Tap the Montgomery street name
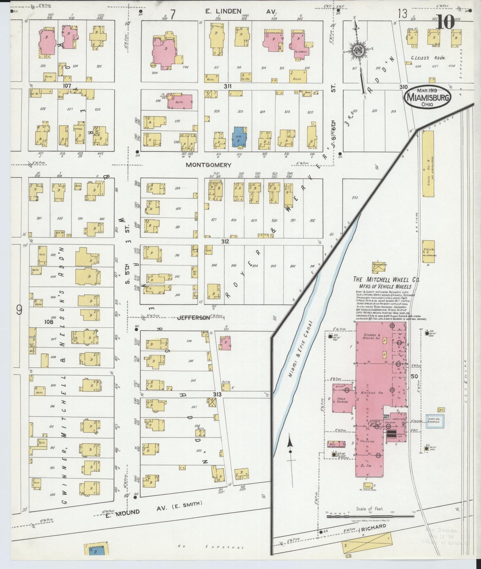click(x=208, y=165)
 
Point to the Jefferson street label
click(x=193, y=317)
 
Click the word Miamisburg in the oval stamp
click(x=427, y=98)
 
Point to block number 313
click(x=217, y=394)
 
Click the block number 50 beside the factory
click(x=414, y=376)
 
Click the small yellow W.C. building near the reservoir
click(x=441, y=410)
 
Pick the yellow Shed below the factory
click(x=367, y=486)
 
